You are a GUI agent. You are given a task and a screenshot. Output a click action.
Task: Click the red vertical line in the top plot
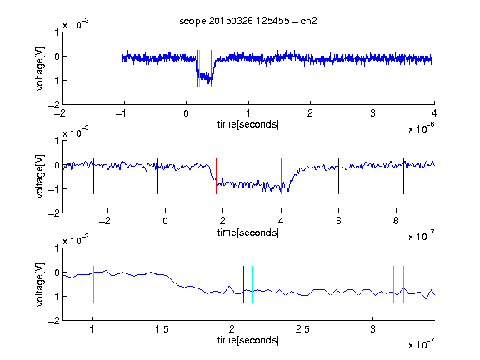(197, 68)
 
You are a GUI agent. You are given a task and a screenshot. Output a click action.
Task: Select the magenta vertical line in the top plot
(211, 68)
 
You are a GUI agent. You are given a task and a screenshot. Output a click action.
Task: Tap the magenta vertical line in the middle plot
(281, 176)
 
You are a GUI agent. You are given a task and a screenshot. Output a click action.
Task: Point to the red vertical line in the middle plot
(216, 176)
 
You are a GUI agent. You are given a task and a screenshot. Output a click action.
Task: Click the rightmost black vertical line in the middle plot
(403, 176)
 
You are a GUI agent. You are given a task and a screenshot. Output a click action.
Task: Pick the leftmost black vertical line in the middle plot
(93, 176)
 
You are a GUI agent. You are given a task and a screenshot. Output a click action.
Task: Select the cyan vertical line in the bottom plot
(252, 284)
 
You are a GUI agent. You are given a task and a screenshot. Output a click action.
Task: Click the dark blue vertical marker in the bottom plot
(243, 284)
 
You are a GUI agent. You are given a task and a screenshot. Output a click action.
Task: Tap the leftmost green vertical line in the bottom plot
(93, 284)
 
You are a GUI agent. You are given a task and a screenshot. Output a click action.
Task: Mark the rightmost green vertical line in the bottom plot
(403, 284)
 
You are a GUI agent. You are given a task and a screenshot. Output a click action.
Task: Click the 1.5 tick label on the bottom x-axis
(162, 329)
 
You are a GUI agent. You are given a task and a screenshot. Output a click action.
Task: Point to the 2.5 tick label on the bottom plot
(302, 329)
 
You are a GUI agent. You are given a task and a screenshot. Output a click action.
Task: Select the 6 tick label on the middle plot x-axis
(338, 221)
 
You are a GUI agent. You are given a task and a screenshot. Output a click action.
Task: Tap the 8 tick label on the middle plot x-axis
(396, 221)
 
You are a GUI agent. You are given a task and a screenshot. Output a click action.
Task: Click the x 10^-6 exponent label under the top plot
(422, 129)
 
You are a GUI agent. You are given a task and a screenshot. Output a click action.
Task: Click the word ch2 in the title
(308, 21)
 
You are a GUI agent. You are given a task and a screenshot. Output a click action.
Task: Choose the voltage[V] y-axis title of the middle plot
(40, 177)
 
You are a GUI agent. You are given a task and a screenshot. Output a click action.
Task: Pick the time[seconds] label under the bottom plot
(248, 340)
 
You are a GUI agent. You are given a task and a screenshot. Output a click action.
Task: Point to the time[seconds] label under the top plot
(248, 124)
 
